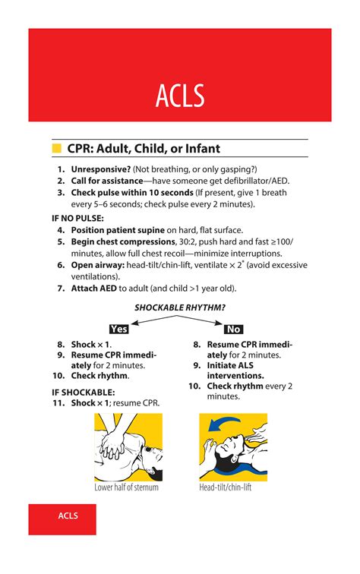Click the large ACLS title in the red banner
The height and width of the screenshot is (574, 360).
(180, 96)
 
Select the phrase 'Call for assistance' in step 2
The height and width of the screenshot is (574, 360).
(107, 181)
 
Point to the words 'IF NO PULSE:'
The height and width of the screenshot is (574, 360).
(78, 218)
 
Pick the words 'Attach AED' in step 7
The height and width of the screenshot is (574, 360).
(98, 289)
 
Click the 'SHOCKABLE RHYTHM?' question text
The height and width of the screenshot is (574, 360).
(180, 307)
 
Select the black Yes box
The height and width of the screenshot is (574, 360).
(118, 329)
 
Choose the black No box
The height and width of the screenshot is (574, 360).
(234, 329)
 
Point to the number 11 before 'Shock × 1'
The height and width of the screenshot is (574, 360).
(58, 402)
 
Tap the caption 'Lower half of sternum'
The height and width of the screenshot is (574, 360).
(126, 487)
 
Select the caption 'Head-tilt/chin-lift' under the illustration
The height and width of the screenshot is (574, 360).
(226, 487)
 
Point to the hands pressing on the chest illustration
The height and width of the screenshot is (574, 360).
(113, 444)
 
